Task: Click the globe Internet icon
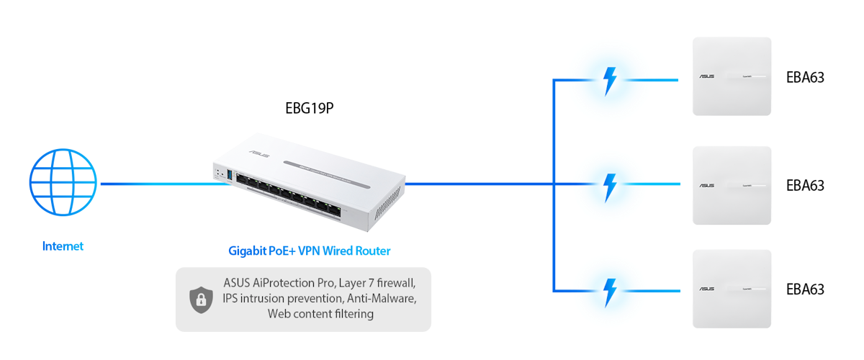[63, 183]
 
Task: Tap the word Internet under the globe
[63, 246]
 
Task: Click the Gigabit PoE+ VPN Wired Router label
[310, 251]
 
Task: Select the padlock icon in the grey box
[199, 300]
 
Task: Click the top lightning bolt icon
[610, 81]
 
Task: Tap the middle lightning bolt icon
[610, 186]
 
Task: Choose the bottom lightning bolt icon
[610, 291]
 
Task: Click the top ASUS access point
[732, 76]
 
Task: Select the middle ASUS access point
[732, 186]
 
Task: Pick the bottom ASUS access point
[732, 289]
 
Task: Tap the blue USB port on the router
[230, 175]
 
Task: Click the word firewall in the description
[399, 282]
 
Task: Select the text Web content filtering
[320, 314]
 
